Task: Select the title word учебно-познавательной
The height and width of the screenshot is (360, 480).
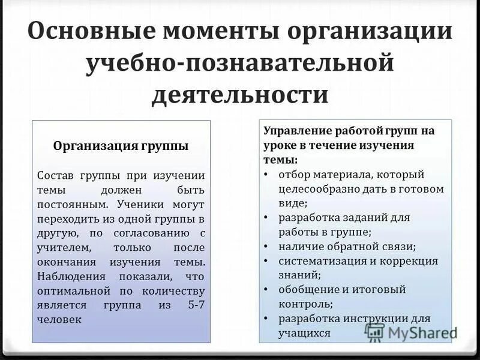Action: click(240, 63)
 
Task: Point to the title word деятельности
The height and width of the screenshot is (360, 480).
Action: click(240, 95)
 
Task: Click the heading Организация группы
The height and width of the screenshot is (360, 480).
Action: click(121, 146)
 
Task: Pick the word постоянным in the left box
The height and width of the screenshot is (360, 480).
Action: click(67, 204)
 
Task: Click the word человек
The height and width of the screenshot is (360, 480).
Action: click(59, 319)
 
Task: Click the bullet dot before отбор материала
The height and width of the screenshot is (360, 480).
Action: click(266, 175)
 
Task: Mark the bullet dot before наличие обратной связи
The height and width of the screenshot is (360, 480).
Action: click(266, 247)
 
